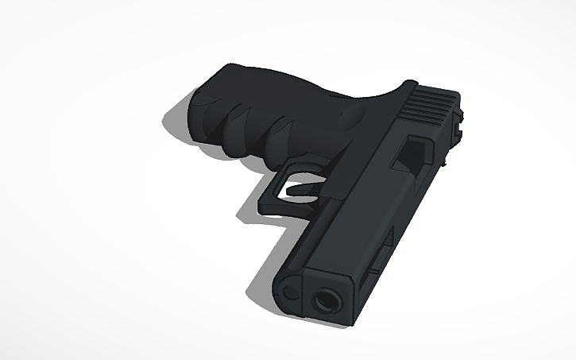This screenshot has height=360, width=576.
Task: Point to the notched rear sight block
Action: pyautogui.click(x=458, y=120)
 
